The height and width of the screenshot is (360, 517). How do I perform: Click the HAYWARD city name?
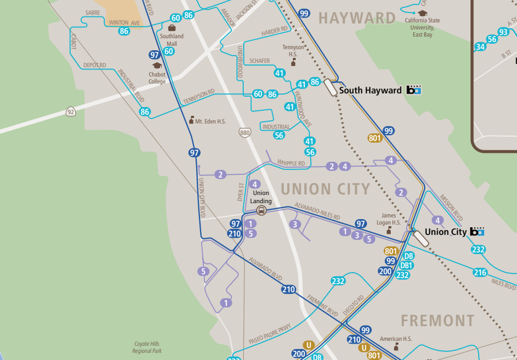coord(357,18)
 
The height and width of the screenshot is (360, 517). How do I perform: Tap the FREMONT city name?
coord(437,320)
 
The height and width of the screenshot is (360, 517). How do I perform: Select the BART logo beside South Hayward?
coord(414,90)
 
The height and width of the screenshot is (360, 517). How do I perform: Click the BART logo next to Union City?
coord(477,232)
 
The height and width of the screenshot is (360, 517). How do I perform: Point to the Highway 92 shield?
coord(70,111)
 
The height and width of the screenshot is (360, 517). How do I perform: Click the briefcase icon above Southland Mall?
coord(172,28)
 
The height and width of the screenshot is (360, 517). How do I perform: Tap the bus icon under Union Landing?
coord(261,211)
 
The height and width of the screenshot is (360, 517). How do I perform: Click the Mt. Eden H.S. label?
coord(210,121)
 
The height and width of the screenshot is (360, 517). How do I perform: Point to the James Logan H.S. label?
coord(389,219)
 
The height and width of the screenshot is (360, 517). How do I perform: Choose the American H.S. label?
coord(396,339)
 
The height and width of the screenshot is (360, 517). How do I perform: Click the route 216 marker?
coord(480,273)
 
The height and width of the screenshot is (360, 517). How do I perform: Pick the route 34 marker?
coord(480,47)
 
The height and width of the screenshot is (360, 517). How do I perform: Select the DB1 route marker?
coord(406,265)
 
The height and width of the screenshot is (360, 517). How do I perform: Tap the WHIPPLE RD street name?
coord(291,163)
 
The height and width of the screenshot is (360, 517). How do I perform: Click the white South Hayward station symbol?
coord(331,87)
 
